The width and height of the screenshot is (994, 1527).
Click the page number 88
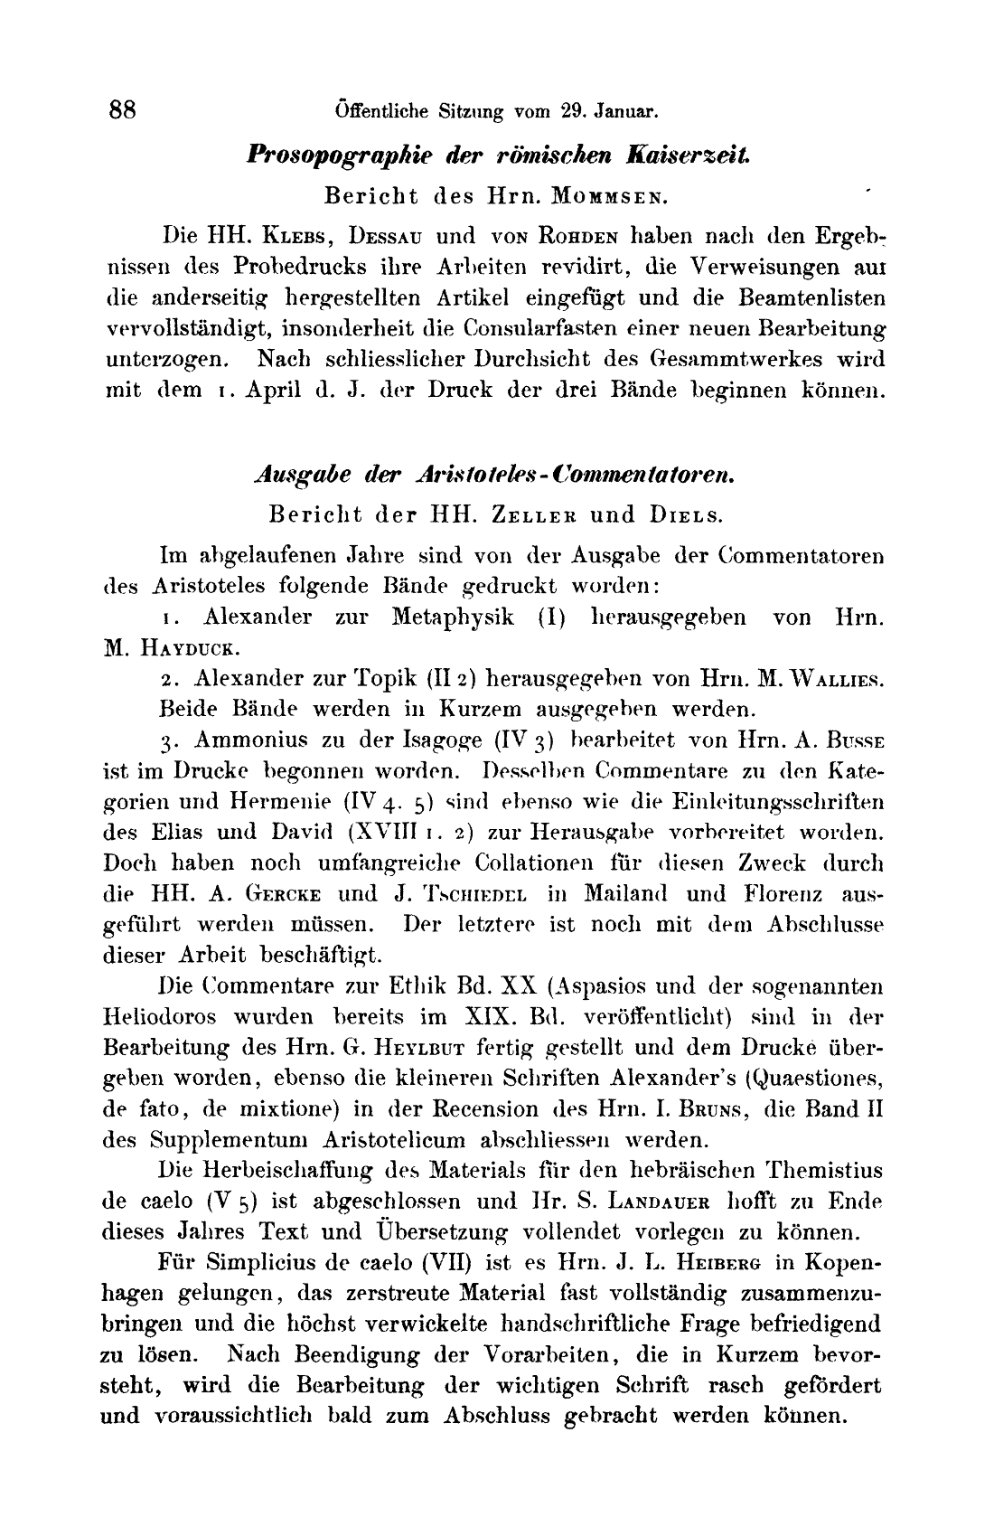122,110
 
